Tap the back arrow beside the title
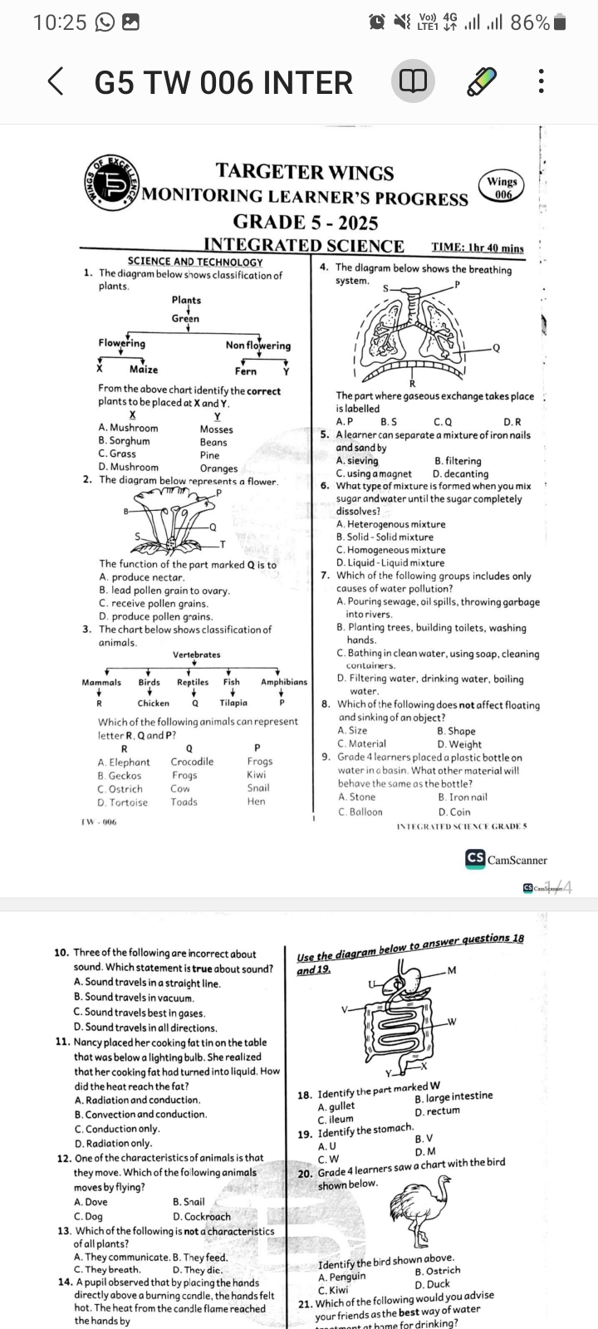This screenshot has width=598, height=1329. [55, 82]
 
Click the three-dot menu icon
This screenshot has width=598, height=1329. [542, 82]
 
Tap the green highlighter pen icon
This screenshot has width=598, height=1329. [480, 82]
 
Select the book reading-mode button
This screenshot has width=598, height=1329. [413, 82]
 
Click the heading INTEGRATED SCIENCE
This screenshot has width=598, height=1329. [304, 246]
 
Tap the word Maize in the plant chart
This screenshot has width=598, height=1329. [144, 370]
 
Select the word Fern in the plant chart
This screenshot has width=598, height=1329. [246, 371]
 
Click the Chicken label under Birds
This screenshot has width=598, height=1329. [154, 703]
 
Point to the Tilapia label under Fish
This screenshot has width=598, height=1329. [233, 703]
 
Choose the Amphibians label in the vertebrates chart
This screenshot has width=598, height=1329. [284, 682]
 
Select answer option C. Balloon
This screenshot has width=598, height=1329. [360, 812]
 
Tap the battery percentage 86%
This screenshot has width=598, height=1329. [530, 22]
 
